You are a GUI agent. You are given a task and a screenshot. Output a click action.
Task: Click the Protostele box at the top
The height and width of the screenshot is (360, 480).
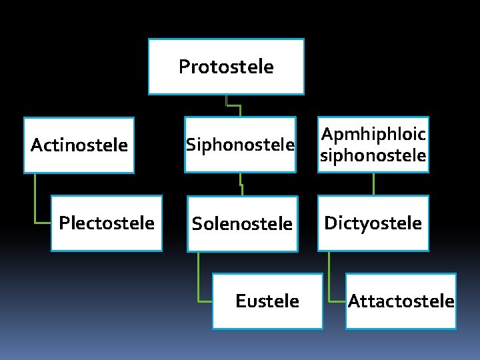click(x=226, y=67)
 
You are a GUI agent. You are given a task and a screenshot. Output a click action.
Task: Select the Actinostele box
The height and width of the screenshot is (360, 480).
click(x=79, y=145)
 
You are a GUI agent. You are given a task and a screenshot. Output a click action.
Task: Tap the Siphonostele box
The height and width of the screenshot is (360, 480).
click(x=240, y=145)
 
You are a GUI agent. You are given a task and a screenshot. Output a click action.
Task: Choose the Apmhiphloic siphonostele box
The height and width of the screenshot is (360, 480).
click(x=373, y=145)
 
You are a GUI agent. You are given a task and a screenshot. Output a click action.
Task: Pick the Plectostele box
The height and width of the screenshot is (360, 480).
click(x=107, y=223)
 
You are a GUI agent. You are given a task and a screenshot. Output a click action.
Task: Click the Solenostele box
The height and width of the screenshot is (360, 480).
click(x=242, y=224)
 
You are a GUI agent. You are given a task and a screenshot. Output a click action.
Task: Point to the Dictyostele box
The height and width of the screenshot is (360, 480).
click(x=373, y=223)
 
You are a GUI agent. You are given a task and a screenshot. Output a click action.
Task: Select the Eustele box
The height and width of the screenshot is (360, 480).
click(x=267, y=301)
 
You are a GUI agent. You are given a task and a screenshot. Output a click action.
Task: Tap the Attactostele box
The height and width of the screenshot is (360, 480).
click(x=401, y=301)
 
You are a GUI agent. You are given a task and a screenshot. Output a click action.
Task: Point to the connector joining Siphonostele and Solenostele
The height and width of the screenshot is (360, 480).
click(x=241, y=184)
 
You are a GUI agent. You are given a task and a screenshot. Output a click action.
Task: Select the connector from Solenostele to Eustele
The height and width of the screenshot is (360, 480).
click(x=199, y=280)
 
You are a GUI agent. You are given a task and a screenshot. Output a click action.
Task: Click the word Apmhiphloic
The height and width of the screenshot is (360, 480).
click(x=373, y=135)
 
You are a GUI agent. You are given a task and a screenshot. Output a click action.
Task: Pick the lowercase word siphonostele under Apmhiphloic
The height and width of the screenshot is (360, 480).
click(x=373, y=155)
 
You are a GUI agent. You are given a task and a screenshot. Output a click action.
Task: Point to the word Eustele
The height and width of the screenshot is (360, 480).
click(x=267, y=301)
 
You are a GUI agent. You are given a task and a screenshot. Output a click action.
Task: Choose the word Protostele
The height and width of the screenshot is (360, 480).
click(x=226, y=67)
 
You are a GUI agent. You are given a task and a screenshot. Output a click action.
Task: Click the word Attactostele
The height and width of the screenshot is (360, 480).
click(x=401, y=301)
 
